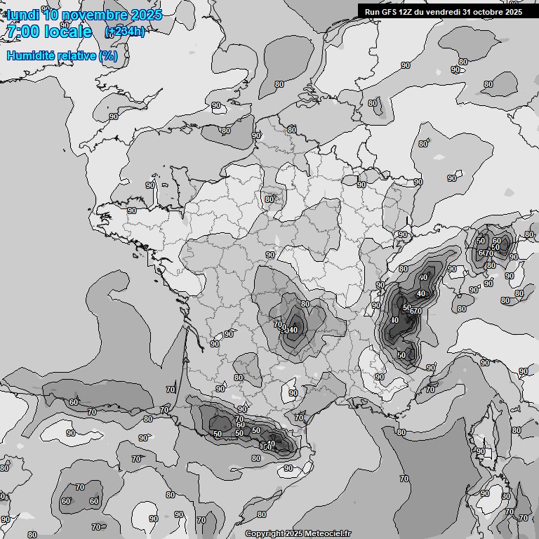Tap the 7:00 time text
(22, 32)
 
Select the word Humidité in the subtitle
(32, 55)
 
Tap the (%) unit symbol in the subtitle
(109, 55)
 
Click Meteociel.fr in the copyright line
(327, 533)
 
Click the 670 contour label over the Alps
(415, 311)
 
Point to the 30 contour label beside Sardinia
(507, 496)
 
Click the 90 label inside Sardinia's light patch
(484, 493)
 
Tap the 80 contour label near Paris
(269, 199)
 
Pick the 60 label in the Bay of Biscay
(74, 402)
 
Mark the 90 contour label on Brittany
(132, 211)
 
